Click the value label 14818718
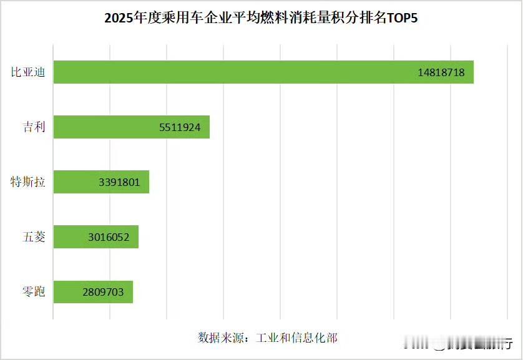(x=441, y=72)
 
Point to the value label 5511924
(x=179, y=127)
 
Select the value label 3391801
(x=119, y=182)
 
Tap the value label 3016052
(x=109, y=238)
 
